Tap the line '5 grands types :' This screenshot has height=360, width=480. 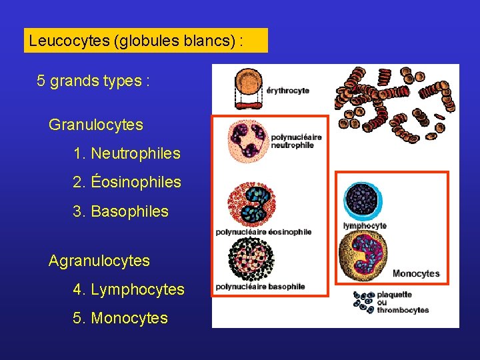93,81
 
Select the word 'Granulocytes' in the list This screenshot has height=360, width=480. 96,125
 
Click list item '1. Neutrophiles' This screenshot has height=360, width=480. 127,153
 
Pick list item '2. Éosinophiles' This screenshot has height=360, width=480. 127,182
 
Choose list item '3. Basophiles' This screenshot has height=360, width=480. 121,211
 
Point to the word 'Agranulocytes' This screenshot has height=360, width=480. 99,261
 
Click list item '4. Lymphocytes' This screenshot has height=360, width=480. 129,289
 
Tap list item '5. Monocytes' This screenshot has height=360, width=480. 121,318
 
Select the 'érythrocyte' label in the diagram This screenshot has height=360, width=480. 288,91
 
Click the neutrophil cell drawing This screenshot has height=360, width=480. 247,141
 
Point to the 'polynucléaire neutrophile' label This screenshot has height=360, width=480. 296,141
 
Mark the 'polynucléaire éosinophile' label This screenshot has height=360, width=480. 263,232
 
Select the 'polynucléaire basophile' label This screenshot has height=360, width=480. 260,287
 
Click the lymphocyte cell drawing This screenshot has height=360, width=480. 363,199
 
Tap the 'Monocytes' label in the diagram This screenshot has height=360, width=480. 416,273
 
